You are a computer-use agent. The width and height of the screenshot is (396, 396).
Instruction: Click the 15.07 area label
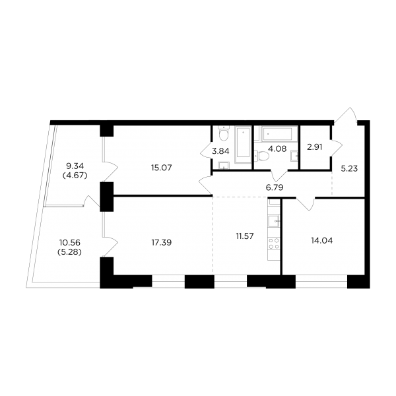pyautogui.click(x=162, y=168)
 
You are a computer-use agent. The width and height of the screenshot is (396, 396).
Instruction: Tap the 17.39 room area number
pyautogui.click(x=162, y=242)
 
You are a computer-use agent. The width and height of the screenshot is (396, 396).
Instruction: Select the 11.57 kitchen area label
pyautogui.click(x=245, y=236)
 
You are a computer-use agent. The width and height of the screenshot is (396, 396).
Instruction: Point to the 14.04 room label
pyautogui.click(x=322, y=241)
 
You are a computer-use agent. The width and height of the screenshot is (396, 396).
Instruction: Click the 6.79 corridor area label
pyautogui.click(x=275, y=187)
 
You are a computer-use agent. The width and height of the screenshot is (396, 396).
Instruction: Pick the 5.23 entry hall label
pyautogui.click(x=349, y=168)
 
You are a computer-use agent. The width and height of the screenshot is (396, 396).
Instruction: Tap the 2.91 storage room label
pyautogui.click(x=315, y=147)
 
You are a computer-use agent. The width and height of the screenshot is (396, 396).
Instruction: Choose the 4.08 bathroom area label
pyautogui.click(x=277, y=148)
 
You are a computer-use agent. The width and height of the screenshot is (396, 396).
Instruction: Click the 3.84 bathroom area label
pyautogui.click(x=220, y=151)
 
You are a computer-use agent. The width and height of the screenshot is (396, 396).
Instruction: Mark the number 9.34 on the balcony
pyautogui.click(x=75, y=166)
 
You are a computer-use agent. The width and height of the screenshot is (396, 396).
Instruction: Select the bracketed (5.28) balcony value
pyautogui.click(x=70, y=252)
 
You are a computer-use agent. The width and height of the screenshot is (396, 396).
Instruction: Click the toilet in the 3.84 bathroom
pyautogui.click(x=224, y=133)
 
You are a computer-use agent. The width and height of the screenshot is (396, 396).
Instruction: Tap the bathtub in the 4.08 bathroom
pyautogui.click(x=277, y=134)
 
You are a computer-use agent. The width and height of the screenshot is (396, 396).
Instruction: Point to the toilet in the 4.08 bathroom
pyautogui.click(x=261, y=156)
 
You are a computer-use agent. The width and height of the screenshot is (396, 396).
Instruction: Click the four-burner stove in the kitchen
pyautogui.click(x=274, y=244)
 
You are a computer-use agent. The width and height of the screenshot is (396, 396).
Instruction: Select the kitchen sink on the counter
pyautogui.click(x=274, y=221)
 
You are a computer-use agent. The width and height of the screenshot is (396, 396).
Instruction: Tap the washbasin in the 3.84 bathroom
pyautogui.click(x=224, y=166)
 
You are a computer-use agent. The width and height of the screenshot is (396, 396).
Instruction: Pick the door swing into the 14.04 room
pyautogui.click(x=306, y=204)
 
